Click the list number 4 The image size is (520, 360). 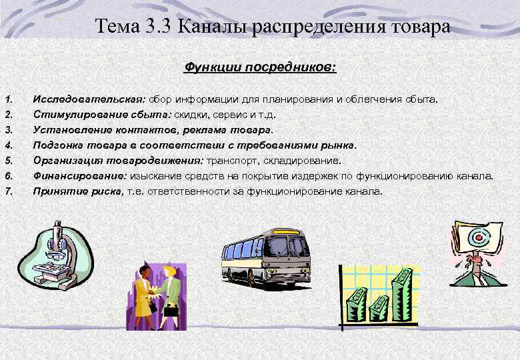pyautogui.click(x=9, y=145)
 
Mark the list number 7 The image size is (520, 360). pyautogui.click(x=9, y=191)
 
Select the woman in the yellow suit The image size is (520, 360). pyautogui.click(x=143, y=293)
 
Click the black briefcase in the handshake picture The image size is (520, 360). pyautogui.click(x=171, y=311)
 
